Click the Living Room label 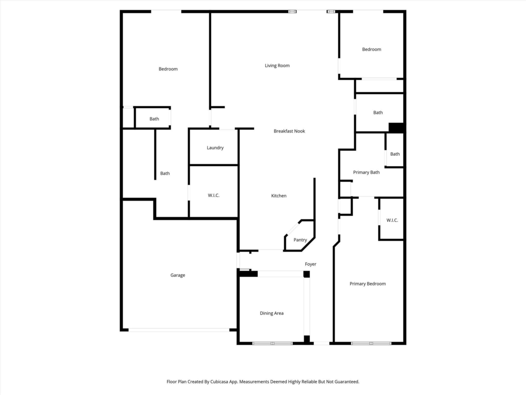coord(277,65)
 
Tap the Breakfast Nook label coord(289,131)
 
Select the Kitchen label coord(279,195)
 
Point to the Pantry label coord(300,240)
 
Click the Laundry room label coord(215,148)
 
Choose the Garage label coord(177,275)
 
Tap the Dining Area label coord(272,313)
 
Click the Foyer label coord(311,264)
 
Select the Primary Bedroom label coord(368,283)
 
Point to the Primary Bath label coord(366,172)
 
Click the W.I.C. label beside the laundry coord(213,195)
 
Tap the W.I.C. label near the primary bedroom coord(392,220)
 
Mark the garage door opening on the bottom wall coord(179,330)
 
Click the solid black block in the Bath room coord(396,128)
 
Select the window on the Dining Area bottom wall coord(272,343)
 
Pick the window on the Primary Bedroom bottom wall coord(371,343)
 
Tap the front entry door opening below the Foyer coord(322,343)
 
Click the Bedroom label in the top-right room coord(371,49)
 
